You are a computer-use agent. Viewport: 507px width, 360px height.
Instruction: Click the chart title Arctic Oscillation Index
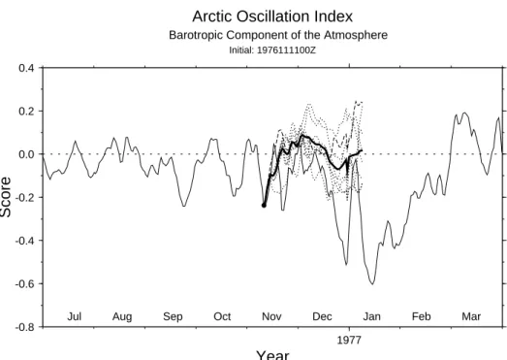click(272, 16)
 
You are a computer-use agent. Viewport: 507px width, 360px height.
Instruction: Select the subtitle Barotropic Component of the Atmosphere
click(278, 35)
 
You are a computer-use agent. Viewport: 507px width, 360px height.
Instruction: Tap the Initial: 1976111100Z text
click(272, 50)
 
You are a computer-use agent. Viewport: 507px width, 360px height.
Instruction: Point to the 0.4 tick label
click(26, 68)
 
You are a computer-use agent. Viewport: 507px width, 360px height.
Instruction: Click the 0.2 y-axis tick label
click(26, 111)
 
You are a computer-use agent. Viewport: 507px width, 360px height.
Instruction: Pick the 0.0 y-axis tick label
click(26, 154)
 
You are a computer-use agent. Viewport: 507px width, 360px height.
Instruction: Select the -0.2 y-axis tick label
click(24, 197)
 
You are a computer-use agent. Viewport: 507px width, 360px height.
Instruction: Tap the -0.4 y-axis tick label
click(24, 241)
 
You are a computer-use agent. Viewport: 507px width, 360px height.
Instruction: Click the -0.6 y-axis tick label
click(24, 283)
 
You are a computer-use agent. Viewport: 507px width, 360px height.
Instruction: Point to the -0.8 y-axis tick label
click(24, 327)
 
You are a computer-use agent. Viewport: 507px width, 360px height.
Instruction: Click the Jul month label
click(75, 316)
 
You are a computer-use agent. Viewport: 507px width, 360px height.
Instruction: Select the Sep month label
click(173, 316)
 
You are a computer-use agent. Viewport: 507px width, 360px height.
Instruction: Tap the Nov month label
click(271, 316)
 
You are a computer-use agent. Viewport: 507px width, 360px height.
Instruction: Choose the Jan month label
click(371, 316)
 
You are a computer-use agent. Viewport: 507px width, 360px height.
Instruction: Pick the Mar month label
click(471, 316)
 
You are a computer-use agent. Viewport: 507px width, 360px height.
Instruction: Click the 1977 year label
click(349, 340)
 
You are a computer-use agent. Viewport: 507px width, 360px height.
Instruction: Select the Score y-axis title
click(6, 197)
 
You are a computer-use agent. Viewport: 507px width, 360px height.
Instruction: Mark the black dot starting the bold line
click(264, 206)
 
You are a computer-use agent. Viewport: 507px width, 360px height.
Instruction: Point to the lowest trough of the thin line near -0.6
click(372, 284)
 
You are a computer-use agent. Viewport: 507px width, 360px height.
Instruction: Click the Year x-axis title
click(272, 355)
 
